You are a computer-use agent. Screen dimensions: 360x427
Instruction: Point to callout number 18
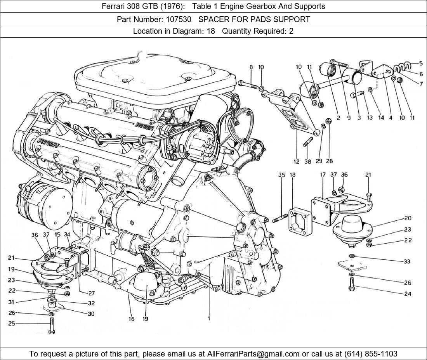(x=292, y=175)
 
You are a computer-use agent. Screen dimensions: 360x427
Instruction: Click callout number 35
(x=281, y=175)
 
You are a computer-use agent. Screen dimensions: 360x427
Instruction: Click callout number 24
(x=407, y=294)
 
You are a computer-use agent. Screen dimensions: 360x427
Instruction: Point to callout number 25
(x=12, y=324)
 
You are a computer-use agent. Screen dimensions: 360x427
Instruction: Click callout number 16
(x=132, y=319)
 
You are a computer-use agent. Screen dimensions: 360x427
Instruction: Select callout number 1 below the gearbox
(x=209, y=318)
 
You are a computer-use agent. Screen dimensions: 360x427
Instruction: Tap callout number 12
(x=296, y=161)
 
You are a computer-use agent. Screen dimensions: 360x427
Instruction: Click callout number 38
(x=308, y=161)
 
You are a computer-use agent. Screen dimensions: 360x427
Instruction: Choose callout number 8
(x=251, y=67)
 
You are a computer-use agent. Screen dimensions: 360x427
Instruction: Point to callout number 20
(x=408, y=218)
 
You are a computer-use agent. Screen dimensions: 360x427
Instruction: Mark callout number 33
(x=407, y=261)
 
